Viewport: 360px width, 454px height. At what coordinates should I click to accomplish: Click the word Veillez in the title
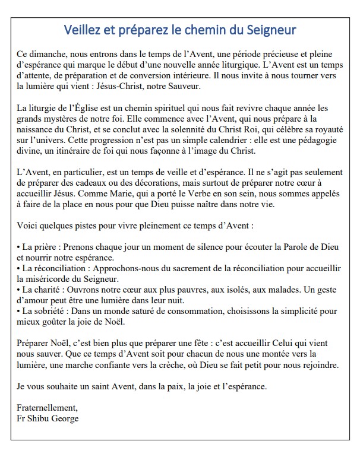pyautogui.click(x=84, y=28)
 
